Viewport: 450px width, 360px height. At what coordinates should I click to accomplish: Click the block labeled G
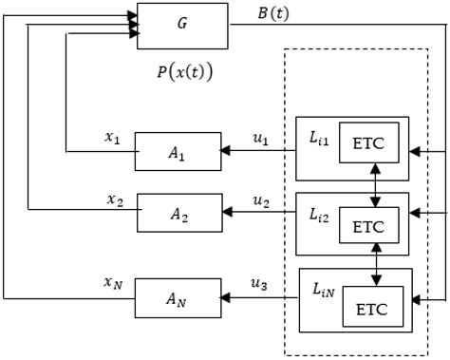(182, 26)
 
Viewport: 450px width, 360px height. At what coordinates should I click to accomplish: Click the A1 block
(177, 151)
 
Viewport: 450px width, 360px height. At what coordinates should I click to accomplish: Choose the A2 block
(180, 213)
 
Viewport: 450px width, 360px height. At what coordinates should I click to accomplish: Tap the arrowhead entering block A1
(225, 150)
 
